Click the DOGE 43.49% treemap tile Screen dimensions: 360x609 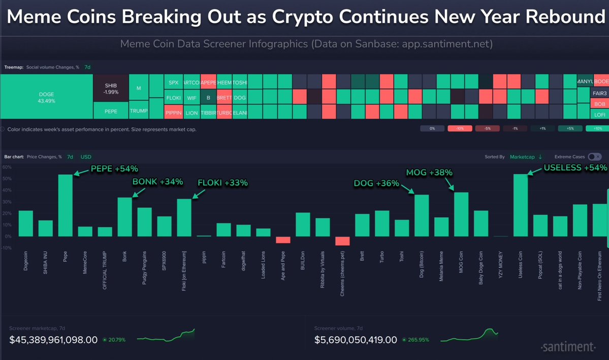(46, 97)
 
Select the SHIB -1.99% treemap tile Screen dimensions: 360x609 (111, 88)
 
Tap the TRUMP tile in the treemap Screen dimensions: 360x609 (138, 111)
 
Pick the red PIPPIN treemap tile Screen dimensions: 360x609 (173, 112)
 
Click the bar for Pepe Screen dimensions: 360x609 (66, 206)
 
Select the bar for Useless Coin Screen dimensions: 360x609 (521, 206)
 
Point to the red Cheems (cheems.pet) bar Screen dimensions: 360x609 (342, 241)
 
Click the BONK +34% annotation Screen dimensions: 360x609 (157, 182)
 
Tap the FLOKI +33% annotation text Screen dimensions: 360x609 (222, 183)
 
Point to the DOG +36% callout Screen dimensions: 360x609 (376, 183)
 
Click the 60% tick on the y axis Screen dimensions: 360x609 (7, 167)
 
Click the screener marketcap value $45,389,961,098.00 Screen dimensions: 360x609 (53, 340)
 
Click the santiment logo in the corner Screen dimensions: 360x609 (567, 347)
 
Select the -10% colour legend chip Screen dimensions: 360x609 (460, 129)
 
